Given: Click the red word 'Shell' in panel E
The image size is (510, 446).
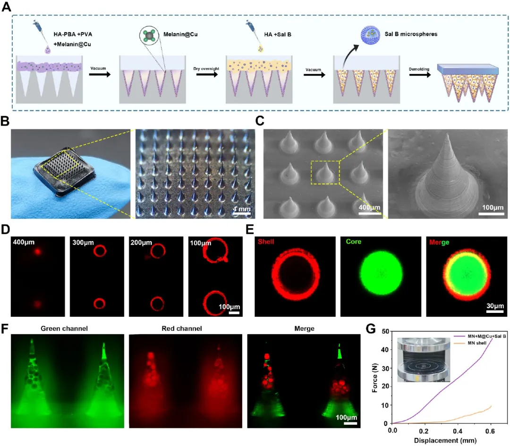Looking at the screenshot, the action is click(267, 242).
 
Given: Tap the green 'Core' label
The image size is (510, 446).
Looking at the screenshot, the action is click(351, 242).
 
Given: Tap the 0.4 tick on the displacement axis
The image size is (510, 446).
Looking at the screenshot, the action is click(457, 431).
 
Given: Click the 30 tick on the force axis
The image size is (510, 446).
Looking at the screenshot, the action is click(385, 368).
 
